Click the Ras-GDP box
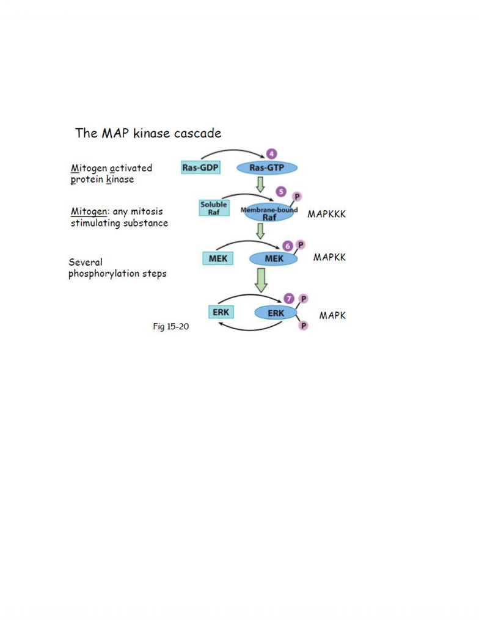click(200, 167)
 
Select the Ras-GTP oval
click(267, 167)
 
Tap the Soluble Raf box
click(214, 208)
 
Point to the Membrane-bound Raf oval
click(269, 213)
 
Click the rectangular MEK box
click(218, 258)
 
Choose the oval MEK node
click(274, 258)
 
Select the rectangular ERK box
click(221, 312)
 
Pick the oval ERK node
click(276, 313)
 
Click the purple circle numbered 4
click(271, 154)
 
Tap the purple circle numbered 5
click(281, 192)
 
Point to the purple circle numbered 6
click(288, 246)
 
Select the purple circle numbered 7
click(289, 298)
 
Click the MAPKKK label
click(327, 214)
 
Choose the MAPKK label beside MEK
click(329, 257)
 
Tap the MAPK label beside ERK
click(332, 315)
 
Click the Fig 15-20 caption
click(171, 327)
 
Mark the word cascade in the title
click(197, 133)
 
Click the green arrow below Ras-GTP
click(260, 184)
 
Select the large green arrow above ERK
click(261, 280)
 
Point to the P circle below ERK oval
click(304, 326)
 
